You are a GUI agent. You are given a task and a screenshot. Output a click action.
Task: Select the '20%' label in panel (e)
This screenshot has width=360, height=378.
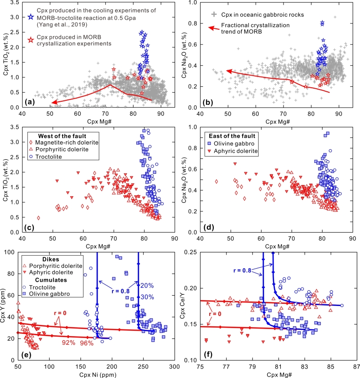(147, 286)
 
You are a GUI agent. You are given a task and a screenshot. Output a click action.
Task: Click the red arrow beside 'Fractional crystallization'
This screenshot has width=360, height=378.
(216, 28)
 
